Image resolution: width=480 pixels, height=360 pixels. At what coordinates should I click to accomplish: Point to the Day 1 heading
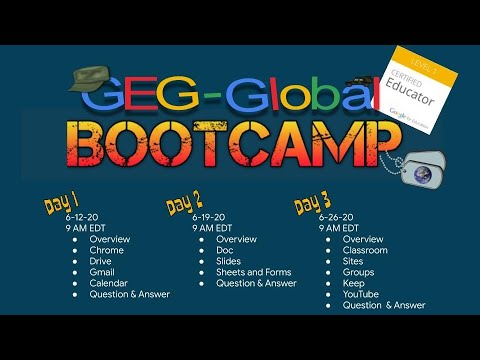tap(61, 205)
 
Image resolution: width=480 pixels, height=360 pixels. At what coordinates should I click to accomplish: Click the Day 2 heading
tap(185, 204)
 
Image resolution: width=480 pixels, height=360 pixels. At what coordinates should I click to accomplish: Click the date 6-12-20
tap(81, 216)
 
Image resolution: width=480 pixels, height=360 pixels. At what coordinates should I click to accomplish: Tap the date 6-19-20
tap(208, 216)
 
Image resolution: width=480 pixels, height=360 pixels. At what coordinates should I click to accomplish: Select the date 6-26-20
tap(336, 216)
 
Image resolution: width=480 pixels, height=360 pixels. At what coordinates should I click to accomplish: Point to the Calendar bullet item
tap(108, 283)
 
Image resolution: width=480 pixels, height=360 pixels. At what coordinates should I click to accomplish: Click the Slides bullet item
tap(229, 261)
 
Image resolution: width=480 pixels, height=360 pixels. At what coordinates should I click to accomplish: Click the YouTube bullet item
tap(361, 294)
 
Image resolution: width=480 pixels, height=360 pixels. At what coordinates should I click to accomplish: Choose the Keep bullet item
tap(354, 283)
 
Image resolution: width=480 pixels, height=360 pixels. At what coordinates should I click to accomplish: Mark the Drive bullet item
tap(101, 261)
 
